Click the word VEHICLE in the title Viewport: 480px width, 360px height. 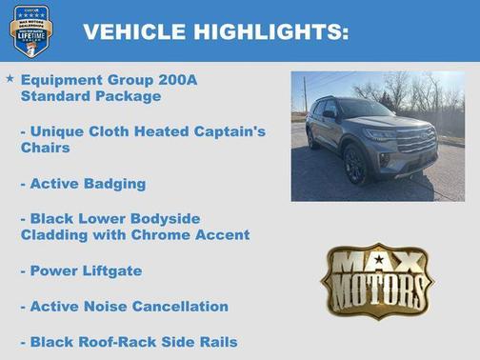point(133,32)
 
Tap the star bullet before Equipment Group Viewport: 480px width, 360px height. point(10,78)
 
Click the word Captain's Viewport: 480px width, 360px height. point(223,131)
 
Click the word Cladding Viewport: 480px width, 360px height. point(54,234)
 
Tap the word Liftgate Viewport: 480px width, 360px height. point(110,270)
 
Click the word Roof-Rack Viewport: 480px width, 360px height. point(119,341)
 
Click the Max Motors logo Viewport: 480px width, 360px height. point(376,279)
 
